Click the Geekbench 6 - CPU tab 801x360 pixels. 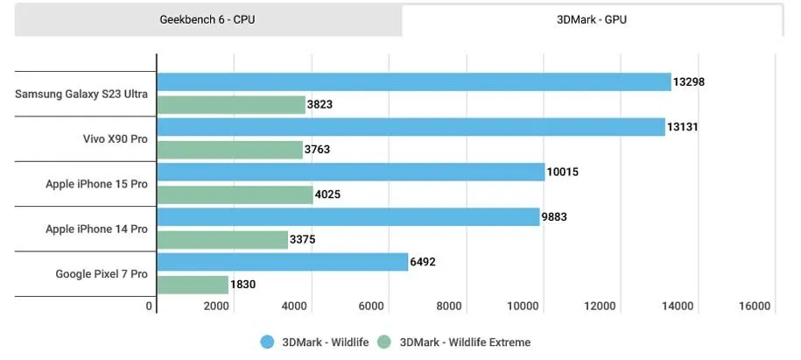tap(208, 19)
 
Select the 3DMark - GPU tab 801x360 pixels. tap(592, 19)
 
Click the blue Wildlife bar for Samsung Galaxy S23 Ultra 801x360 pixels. tap(413, 82)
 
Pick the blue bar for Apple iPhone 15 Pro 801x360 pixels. tap(350, 173)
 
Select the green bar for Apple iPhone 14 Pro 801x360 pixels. tap(222, 240)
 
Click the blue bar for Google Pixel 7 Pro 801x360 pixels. tap(282, 262)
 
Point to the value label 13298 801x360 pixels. tap(689, 82)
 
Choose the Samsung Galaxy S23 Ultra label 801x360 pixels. tap(81, 94)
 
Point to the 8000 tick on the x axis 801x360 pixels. tap(449, 307)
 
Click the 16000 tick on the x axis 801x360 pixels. tap(755, 307)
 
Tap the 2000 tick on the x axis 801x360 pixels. tap(217, 307)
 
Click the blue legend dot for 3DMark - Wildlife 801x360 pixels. tap(267, 342)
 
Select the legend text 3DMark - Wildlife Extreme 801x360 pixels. tap(465, 342)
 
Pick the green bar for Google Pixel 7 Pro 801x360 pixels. tap(193, 285)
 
